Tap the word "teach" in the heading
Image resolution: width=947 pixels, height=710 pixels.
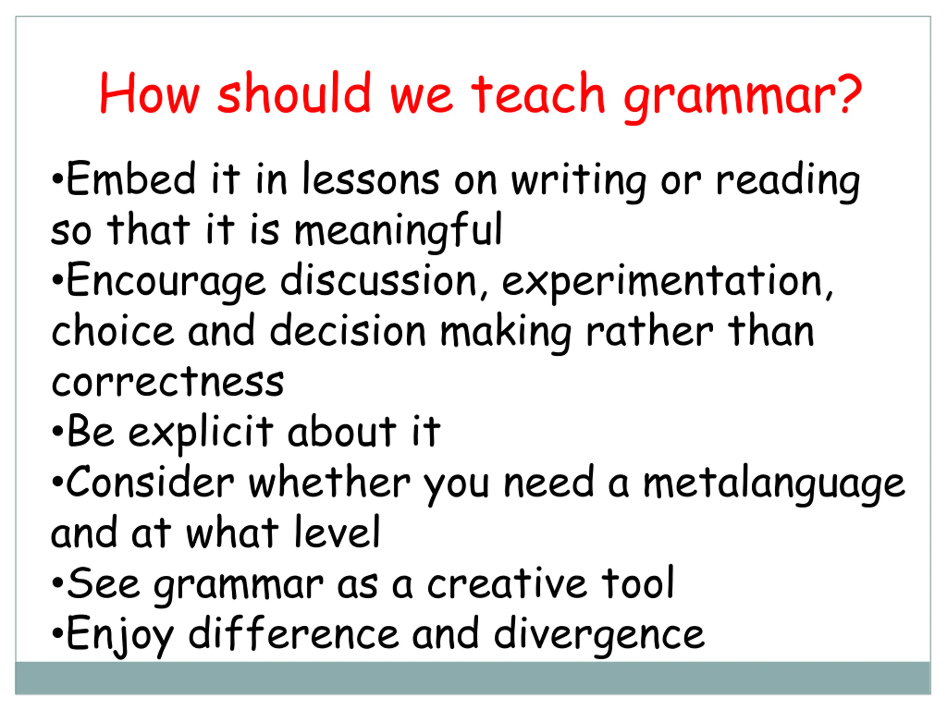538,92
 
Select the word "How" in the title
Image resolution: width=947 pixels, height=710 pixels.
149,92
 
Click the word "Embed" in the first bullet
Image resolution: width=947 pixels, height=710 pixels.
131,179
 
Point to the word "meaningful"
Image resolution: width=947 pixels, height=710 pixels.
398,232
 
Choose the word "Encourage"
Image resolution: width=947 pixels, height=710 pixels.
166,283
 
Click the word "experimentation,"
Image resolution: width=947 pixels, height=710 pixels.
667,283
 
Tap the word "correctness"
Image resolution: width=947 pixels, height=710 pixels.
168,381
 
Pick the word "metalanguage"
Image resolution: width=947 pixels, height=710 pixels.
775,485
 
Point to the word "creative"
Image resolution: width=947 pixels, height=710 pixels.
507,583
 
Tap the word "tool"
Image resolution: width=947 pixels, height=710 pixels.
638,583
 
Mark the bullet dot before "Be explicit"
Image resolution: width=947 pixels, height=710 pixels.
57,432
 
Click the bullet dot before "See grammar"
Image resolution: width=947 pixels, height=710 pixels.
57,583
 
